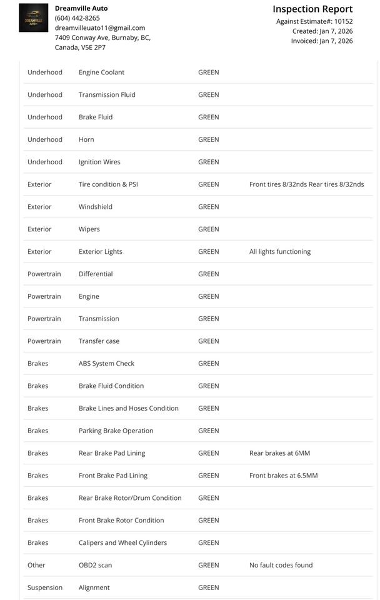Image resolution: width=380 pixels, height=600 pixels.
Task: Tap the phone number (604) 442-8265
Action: pos(77,18)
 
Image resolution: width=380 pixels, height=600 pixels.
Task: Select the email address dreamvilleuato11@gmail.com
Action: pos(100,28)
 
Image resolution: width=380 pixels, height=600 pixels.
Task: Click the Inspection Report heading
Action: pos(312,9)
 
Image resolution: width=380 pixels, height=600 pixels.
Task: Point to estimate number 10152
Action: pos(343,21)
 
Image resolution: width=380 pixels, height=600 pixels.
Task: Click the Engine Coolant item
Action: pos(101,72)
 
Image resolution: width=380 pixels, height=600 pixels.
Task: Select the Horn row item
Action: pos(86,139)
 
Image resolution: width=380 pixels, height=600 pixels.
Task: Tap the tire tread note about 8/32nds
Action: pos(306,184)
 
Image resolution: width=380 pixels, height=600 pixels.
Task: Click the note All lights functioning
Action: pos(279,252)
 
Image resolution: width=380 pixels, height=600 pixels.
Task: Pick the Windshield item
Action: pos(96,207)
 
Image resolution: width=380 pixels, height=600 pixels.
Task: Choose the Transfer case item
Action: pos(99,341)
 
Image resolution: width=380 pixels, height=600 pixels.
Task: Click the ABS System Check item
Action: pos(106,364)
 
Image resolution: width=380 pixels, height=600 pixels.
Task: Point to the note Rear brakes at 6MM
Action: pos(279,453)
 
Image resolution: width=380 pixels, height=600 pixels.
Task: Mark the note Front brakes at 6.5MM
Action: pos(283,476)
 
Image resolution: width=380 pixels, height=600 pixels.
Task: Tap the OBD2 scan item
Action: pos(95,565)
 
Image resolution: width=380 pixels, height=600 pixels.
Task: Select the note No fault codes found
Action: pos(281,565)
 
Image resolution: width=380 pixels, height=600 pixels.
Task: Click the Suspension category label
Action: pos(45,587)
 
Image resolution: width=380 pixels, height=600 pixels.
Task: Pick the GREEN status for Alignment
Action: pos(208,587)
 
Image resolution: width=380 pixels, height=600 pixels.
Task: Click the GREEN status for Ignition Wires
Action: pos(208,162)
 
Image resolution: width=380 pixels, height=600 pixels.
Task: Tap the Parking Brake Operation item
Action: pos(116,431)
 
